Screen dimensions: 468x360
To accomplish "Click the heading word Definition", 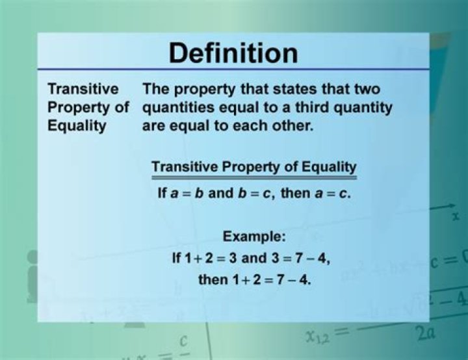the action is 233,53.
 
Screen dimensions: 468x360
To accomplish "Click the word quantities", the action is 178,108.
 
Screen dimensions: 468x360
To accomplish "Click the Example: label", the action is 254,237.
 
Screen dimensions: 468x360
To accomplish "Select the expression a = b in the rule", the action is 187,194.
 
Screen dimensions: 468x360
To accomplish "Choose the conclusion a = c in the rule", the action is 331,194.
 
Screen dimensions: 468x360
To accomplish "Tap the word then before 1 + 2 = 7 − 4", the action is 213,279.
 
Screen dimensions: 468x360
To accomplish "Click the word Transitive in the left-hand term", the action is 83,89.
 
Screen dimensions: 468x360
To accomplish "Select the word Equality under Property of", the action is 77,126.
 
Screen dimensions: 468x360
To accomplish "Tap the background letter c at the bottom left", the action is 184,341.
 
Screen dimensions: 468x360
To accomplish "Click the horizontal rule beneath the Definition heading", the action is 233,70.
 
